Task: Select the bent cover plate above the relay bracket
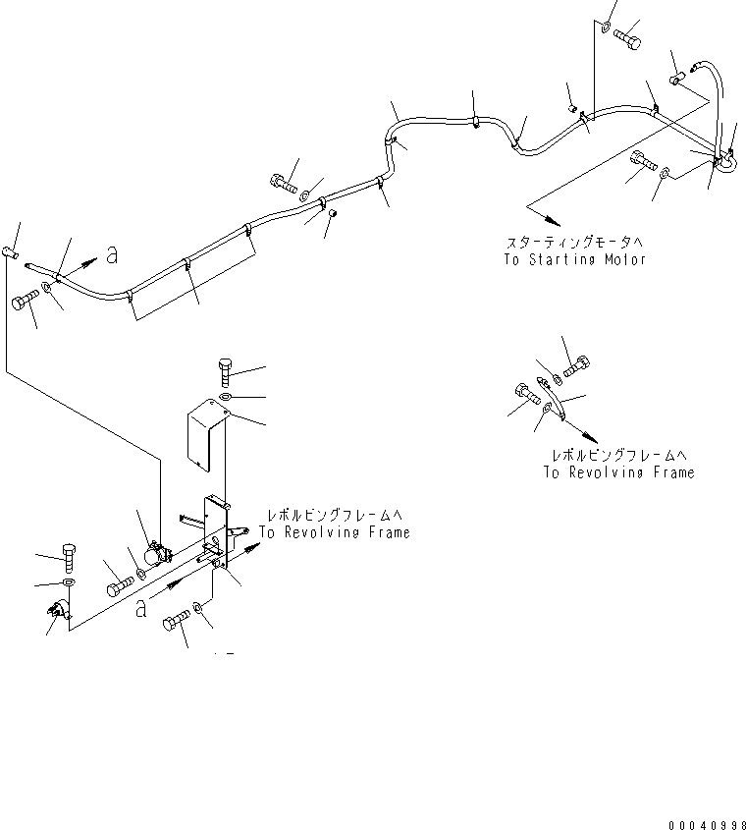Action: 203,435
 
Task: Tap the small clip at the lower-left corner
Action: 57,615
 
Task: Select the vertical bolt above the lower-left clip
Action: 68,556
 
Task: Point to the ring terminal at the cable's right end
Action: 727,161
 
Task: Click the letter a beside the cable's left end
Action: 111,254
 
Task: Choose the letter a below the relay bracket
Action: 143,609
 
